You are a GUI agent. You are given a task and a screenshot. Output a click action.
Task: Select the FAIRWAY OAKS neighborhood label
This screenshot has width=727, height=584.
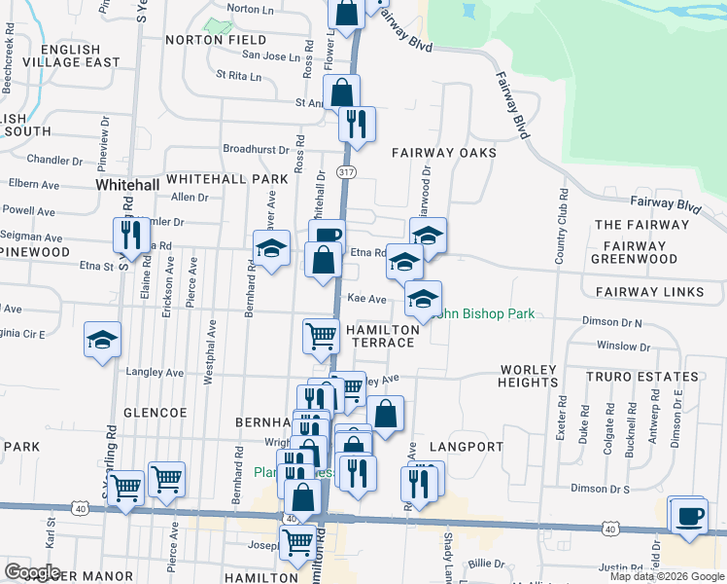tap(444, 153)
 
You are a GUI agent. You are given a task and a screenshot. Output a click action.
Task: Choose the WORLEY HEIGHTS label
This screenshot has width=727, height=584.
tap(529, 376)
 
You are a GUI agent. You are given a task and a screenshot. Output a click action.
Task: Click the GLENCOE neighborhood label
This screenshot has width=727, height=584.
tap(156, 413)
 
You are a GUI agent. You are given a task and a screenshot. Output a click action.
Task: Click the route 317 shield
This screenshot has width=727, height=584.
tap(345, 171)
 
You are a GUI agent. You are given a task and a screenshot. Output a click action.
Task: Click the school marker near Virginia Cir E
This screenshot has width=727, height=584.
tap(102, 340)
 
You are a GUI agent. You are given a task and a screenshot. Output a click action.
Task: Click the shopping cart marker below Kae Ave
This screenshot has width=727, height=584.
tap(321, 337)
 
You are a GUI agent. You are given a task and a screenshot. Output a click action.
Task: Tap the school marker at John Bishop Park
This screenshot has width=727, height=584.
tap(423, 299)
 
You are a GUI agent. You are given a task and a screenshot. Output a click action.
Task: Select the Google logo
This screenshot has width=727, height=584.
tap(32, 572)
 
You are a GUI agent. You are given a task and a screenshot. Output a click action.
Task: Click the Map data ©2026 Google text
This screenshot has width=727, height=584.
tap(666, 576)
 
